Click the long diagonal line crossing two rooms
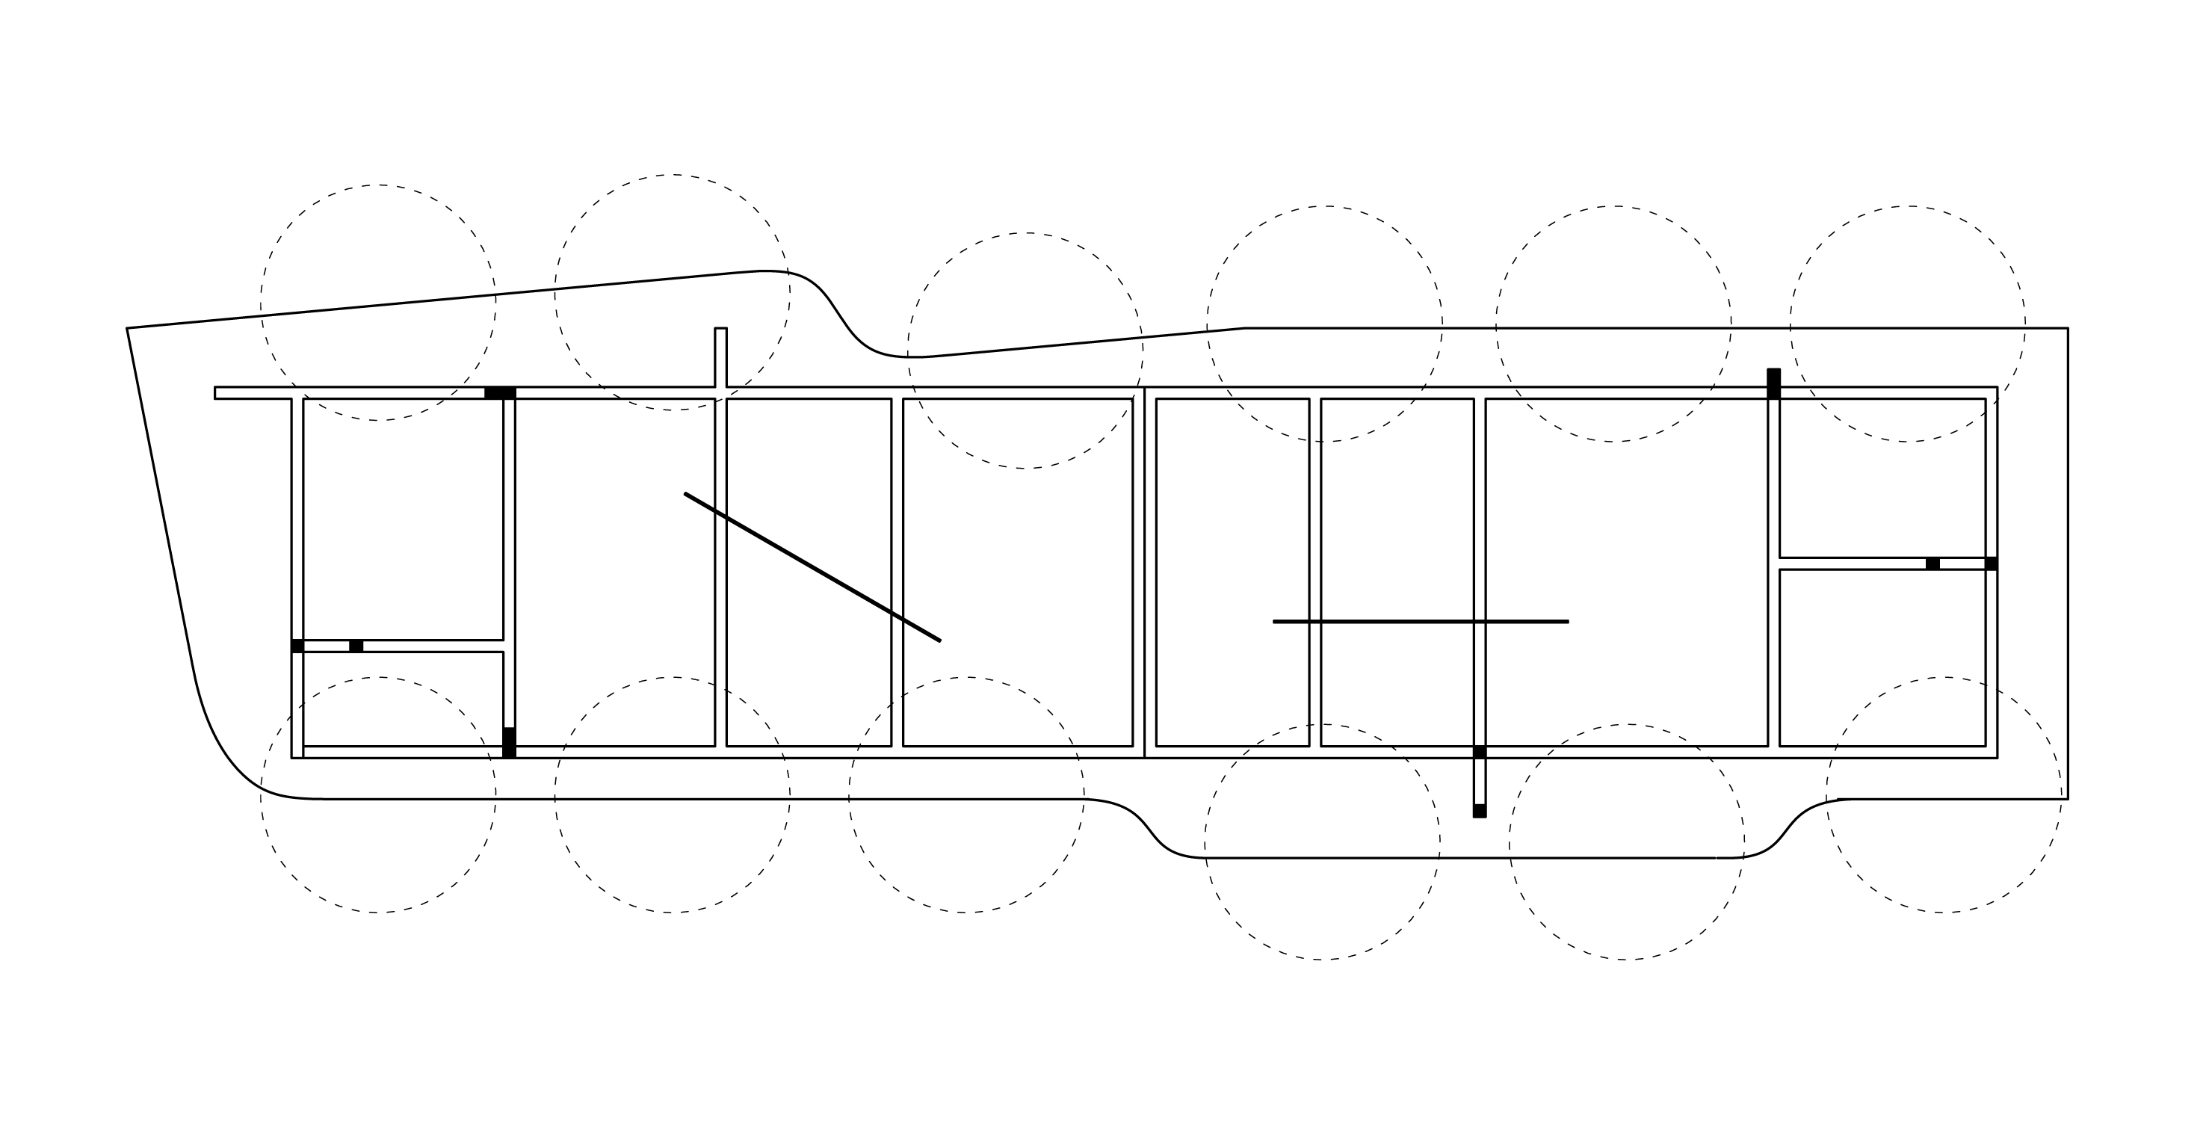tap(812, 566)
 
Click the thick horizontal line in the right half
tap(1420, 622)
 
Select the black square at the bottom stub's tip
tap(1479, 810)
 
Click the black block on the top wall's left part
tap(499, 392)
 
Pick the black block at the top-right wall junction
tap(1773, 383)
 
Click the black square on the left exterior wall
tap(297, 646)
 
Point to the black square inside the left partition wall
tap(356, 646)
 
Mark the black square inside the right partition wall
tap(1933, 564)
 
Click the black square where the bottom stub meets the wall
tap(1479, 752)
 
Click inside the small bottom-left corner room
tap(402, 699)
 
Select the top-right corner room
tap(1882, 478)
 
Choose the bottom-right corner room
tap(1882, 658)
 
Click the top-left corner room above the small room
tap(402, 519)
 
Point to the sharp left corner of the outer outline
tap(128, 328)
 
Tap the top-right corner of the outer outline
tap(2068, 328)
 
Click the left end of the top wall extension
tap(216, 392)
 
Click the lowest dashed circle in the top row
tap(1025, 351)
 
